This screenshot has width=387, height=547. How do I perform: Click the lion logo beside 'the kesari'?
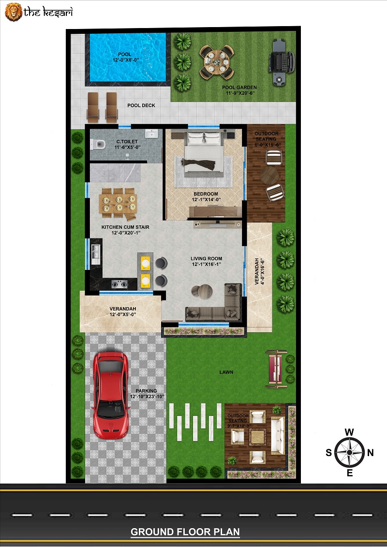[14, 12]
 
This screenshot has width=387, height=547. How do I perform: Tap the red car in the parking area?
[110, 395]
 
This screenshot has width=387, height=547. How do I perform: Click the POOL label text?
[125, 55]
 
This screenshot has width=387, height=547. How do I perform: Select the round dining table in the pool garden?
[216, 62]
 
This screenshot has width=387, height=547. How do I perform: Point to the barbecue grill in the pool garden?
[281, 62]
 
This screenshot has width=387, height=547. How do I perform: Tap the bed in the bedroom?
[204, 152]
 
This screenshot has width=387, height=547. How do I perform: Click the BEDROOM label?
[206, 194]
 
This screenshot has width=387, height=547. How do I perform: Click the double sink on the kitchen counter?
[95, 253]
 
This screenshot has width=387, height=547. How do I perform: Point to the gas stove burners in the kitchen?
[119, 284]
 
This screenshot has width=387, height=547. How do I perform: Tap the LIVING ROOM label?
[206, 258]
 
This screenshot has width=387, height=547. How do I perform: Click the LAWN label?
[226, 372]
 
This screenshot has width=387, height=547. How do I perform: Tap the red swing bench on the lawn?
[276, 369]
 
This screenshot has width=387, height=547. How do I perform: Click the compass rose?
[349, 452]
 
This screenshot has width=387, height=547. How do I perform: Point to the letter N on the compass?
[370, 453]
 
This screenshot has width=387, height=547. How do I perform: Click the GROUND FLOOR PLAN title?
[185, 532]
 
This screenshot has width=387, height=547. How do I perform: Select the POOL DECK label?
[141, 105]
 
